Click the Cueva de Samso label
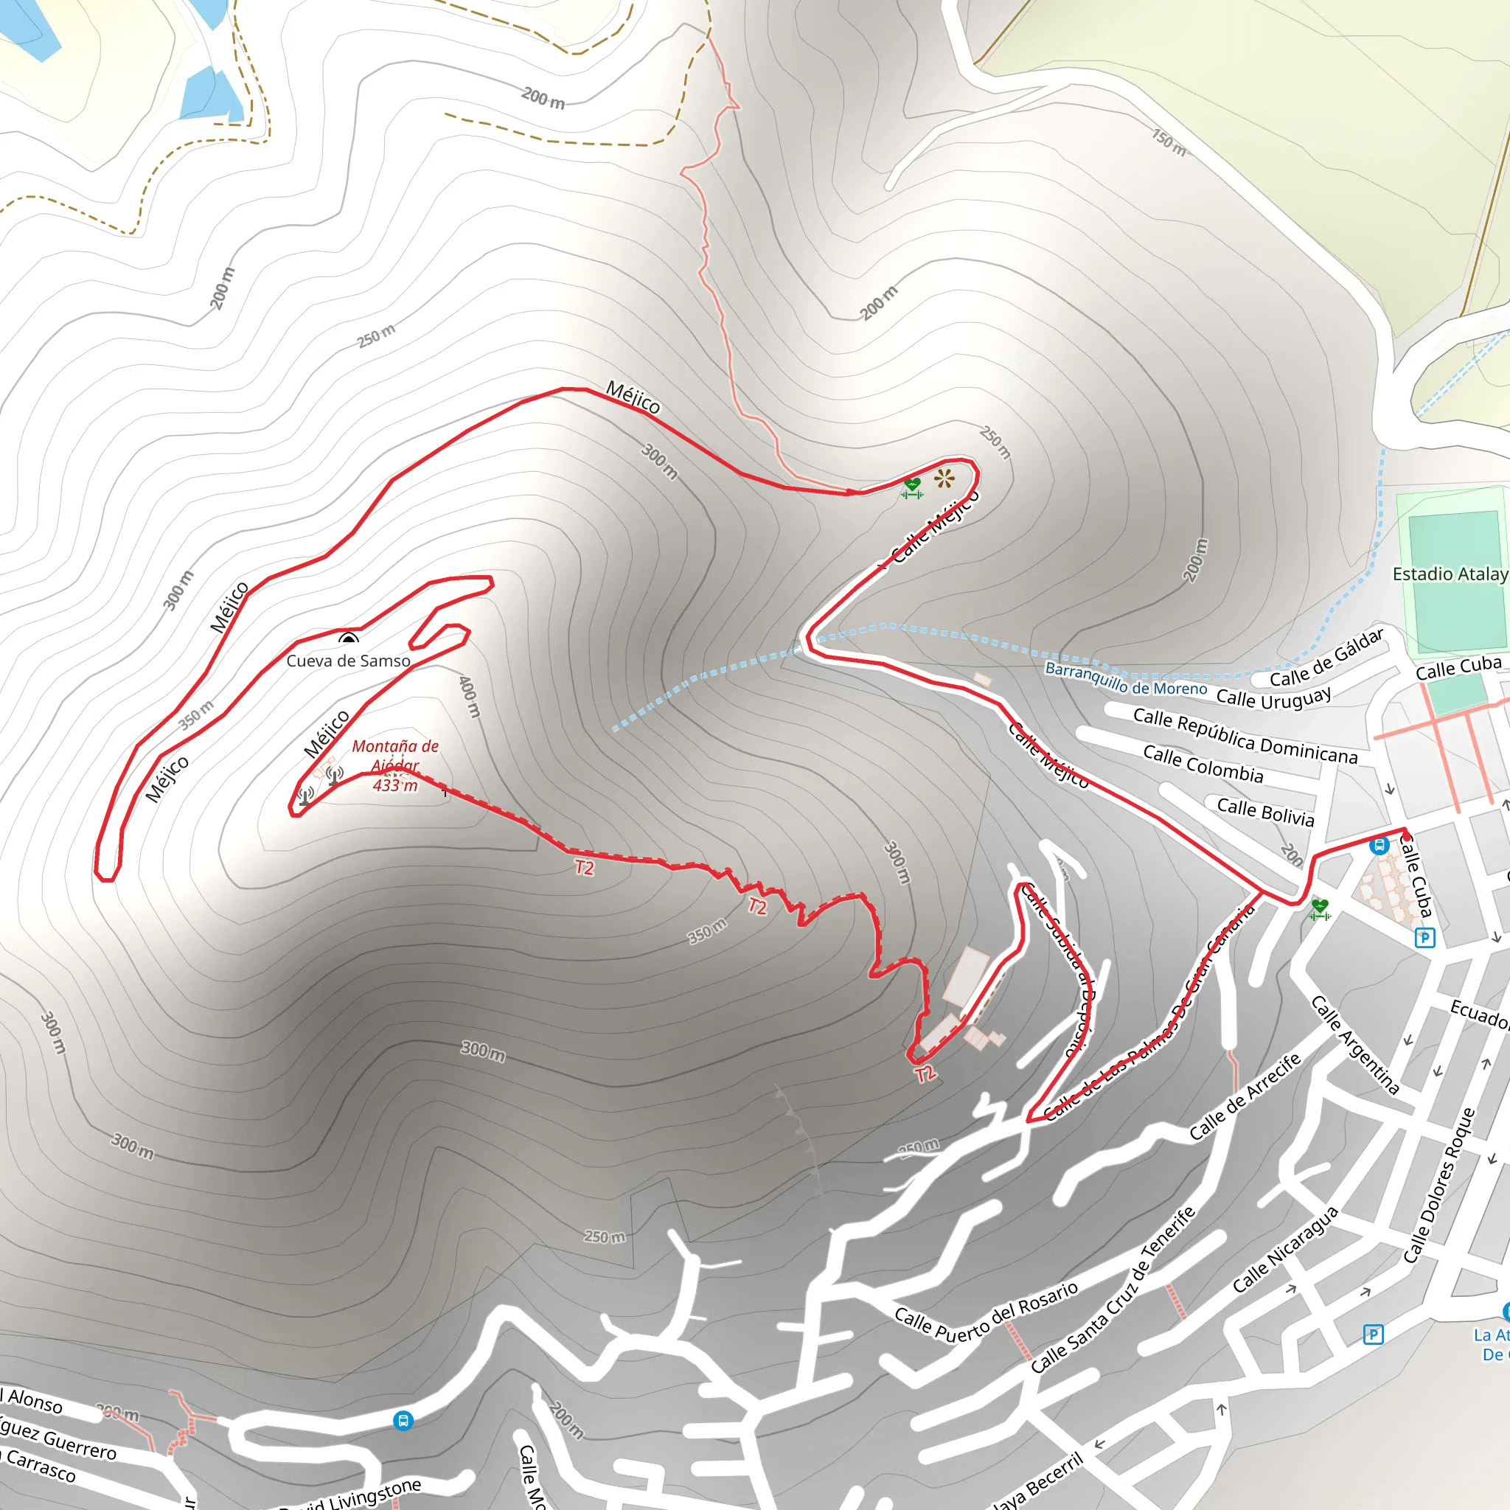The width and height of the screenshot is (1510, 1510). pyautogui.click(x=348, y=661)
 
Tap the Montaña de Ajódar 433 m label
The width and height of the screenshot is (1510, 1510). pyautogui.click(x=394, y=766)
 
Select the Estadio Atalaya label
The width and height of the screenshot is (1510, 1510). pyautogui.click(x=1450, y=574)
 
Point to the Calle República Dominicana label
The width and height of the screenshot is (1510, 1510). pyautogui.click(x=1245, y=735)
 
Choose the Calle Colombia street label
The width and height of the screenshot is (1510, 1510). pyautogui.click(x=1203, y=764)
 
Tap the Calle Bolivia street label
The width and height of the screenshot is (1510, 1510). pyautogui.click(x=1265, y=812)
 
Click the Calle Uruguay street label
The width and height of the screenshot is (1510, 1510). pyautogui.click(x=1273, y=696)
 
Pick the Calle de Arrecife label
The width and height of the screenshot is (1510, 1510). pyautogui.click(x=1245, y=1096)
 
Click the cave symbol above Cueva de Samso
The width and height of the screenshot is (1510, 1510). pyautogui.click(x=348, y=639)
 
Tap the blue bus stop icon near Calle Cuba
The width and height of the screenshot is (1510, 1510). pyautogui.click(x=1379, y=845)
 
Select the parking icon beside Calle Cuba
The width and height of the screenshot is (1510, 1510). pyautogui.click(x=1424, y=937)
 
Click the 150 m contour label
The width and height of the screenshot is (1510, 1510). pyautogui.click(x=1169, y=142)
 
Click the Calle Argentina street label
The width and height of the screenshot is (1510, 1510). pyautogui.click(x=1354, y=1045)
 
